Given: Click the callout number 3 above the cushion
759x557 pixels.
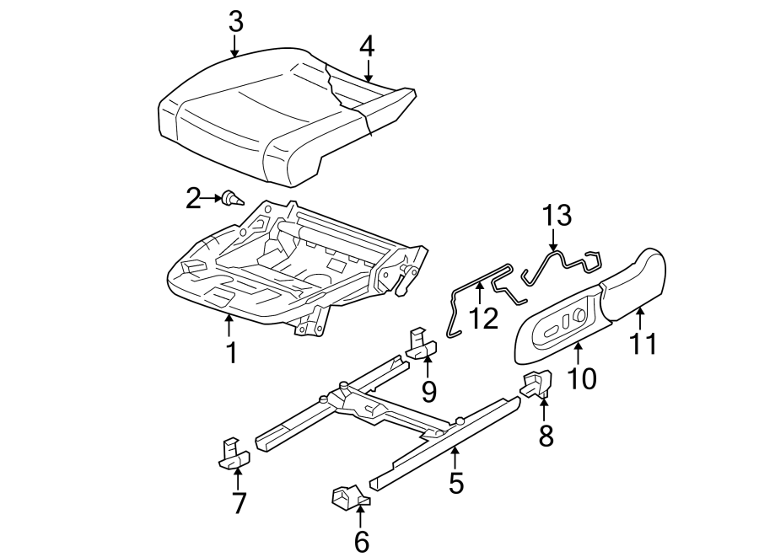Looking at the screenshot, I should click(235, 21).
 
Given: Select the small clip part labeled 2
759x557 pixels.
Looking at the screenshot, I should click(232, 199).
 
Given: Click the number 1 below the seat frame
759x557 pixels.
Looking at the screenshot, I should click(229, 352).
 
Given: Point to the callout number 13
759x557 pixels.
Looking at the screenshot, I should click(556, 215).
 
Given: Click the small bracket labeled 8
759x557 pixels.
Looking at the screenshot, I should click(535, 384).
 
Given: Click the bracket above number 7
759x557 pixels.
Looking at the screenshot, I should click(234, 453).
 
